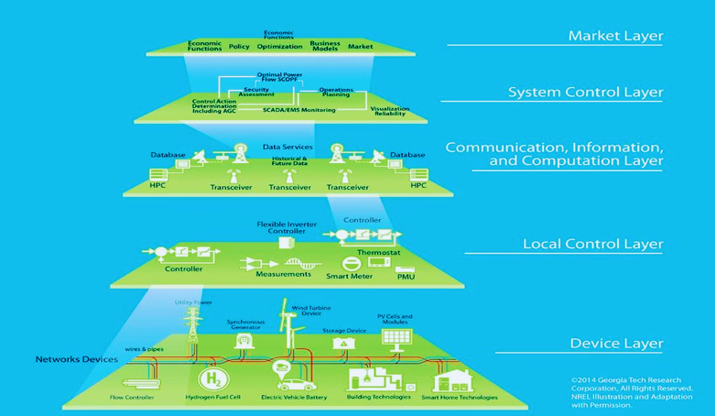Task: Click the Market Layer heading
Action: coord(615,37)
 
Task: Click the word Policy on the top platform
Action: coord(239,45)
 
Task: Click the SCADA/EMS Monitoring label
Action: coord(298,110)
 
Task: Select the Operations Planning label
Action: coord(336,93)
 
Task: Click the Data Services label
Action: coord(287,147)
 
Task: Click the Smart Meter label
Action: coord(351,272)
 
